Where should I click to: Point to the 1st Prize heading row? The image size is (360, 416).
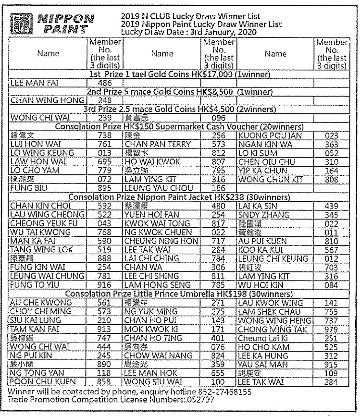coord(180,74)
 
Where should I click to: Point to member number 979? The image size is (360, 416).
coord(331,329)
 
